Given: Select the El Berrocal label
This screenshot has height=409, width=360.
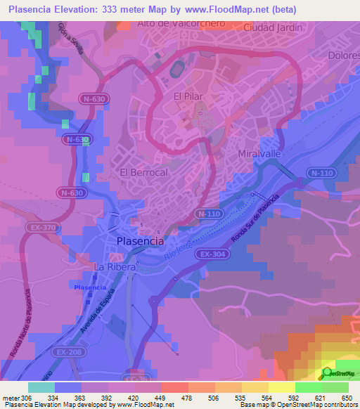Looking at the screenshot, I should [143, 172].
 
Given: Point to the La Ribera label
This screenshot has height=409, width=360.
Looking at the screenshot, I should [113, 268].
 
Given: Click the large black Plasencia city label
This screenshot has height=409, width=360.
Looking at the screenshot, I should [139, 240].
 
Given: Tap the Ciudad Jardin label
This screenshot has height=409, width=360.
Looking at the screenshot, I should [273, 28].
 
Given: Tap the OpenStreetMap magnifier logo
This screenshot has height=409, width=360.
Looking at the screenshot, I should [327, 373].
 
